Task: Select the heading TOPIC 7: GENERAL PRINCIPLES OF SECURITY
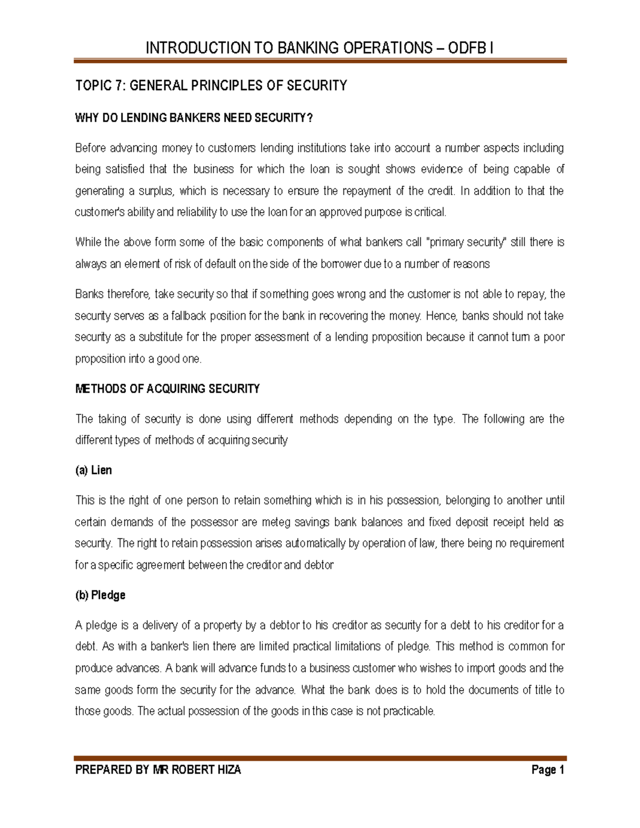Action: (x=211, y=86)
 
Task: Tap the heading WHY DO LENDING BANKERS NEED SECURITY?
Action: (x=194, y=118)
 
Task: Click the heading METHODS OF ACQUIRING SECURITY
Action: (x=167, y=389)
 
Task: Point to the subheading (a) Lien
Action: (x=94, y=470)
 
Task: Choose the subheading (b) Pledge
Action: (x=100, y=595)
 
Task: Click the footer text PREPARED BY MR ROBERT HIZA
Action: (x=158, y=769)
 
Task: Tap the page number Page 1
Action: (x=548, y=769)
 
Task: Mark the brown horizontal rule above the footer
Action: (x=320, y=758)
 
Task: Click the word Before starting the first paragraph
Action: (x=94, y=148)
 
